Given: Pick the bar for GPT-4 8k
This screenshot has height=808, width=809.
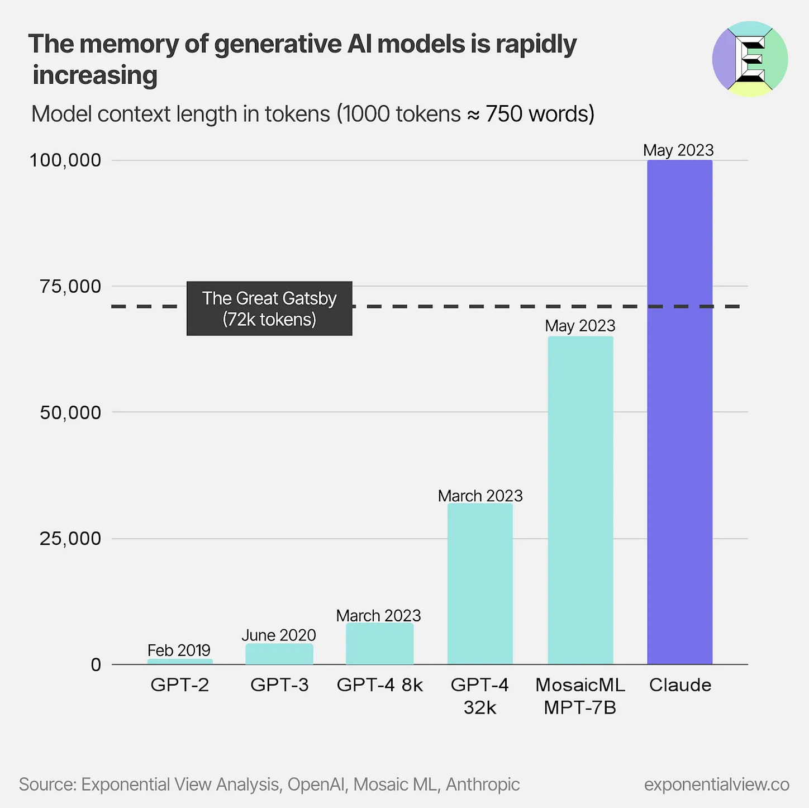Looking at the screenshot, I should pyautogui.click(x=379, y=644).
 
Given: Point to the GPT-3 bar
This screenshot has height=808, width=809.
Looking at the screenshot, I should pyautogui.click(x=279, y=654).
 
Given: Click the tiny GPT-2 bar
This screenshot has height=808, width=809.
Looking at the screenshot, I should pyautogui.click(x=180, y=662).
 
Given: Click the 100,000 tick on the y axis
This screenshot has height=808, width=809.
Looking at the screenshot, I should pyautogui.click(x=65, y=160).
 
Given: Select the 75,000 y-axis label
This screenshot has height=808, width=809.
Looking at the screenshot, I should pyautogui.click(x=70, y=287).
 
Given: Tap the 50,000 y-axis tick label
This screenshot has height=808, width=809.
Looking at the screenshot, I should pyautogui.click(x=70, y=413).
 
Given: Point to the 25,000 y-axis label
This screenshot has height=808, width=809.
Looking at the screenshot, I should pyautogui.click(x=70, y=539).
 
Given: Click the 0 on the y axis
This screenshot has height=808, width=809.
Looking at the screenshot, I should pyautogui.click(x=96, y=665).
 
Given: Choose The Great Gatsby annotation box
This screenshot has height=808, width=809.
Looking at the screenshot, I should pyautogui.click(x=269, y=308).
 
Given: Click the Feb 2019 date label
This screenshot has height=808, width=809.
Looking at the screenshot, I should pyautogui.click(x=179, y=650).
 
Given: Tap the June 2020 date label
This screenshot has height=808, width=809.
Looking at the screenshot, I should pyautogui.click(x=279, y=635).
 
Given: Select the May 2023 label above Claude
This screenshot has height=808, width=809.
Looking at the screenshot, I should pyautogui.click(x=678, y=150).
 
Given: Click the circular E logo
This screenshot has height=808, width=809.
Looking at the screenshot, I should pyautogui.click(x=750, y=59).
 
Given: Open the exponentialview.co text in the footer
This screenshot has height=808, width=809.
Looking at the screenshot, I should pyautogui.click(x=716, y=785).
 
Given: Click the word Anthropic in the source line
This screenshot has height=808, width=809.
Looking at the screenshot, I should pyautogui.click(x=483, y=785).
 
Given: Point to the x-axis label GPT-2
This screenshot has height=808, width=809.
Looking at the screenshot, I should pyautogui.click(x=180, y=685).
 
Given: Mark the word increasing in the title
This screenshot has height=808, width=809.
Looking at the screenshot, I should pyautogui.click(x=95, y=75).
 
